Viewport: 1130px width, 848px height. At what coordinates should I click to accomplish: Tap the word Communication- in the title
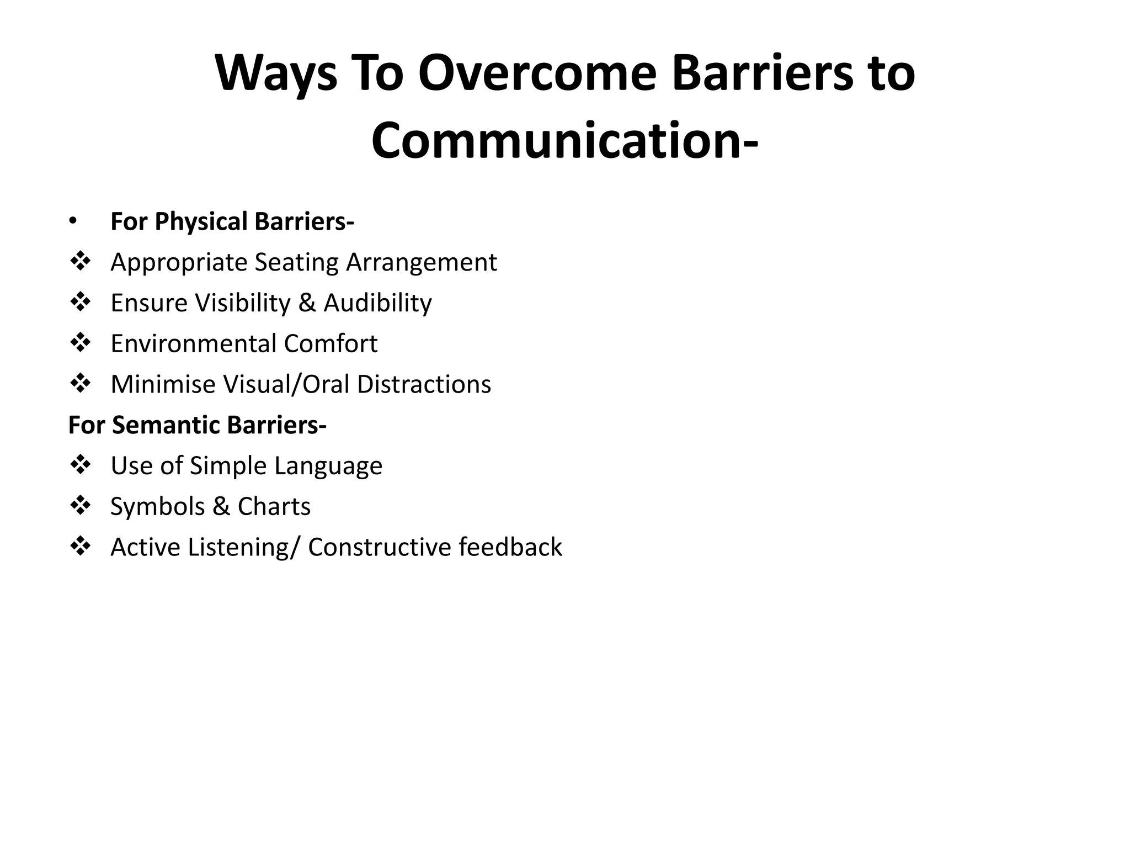point(564,141)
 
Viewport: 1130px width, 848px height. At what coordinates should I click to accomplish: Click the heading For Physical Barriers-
point(232,221)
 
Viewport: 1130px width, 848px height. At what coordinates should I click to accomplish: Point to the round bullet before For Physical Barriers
point(73,221)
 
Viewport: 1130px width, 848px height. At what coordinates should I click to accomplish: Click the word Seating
point(296,263)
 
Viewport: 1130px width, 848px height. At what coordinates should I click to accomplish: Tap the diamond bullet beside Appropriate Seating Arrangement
point(81,262)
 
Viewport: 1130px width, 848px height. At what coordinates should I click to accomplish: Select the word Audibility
point(377,303)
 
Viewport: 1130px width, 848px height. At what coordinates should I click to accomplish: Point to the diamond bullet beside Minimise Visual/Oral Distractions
point(81,383)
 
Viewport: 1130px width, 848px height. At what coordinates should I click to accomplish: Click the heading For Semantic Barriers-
point(197,425)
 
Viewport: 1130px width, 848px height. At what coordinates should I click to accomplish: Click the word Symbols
point(157,507)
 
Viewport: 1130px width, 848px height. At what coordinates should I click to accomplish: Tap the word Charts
point(274,507)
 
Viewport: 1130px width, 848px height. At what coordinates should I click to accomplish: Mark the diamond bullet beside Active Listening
point(81,547)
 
